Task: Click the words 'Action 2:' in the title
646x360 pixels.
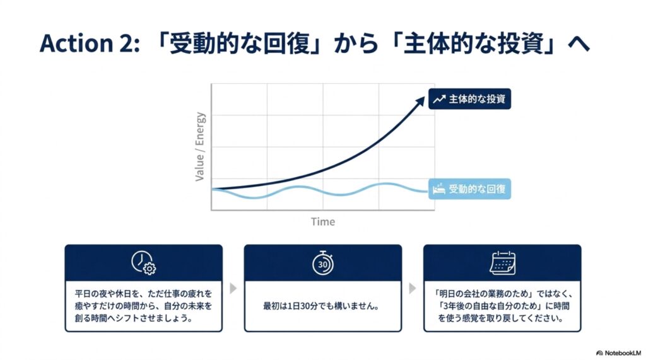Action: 90,44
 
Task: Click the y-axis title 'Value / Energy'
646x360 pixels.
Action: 200,147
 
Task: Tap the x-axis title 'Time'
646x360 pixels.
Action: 323,222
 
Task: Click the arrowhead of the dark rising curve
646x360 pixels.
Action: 420,101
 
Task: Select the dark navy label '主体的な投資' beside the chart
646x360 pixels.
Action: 469,99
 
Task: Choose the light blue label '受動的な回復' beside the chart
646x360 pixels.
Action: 469,189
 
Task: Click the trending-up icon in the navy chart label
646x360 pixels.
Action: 439,99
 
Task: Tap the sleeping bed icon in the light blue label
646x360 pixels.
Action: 439,189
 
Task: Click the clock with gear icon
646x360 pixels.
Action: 143,262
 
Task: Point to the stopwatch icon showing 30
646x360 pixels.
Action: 323,263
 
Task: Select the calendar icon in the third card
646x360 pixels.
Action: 502,263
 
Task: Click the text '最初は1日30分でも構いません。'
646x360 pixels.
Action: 321,306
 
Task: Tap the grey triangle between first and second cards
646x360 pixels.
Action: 233,288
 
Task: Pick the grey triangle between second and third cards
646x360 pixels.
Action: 413,288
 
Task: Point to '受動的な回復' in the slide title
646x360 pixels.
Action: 240,44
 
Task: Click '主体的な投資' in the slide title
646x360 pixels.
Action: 473,44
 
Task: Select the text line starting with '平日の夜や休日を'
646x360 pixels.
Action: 143,294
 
